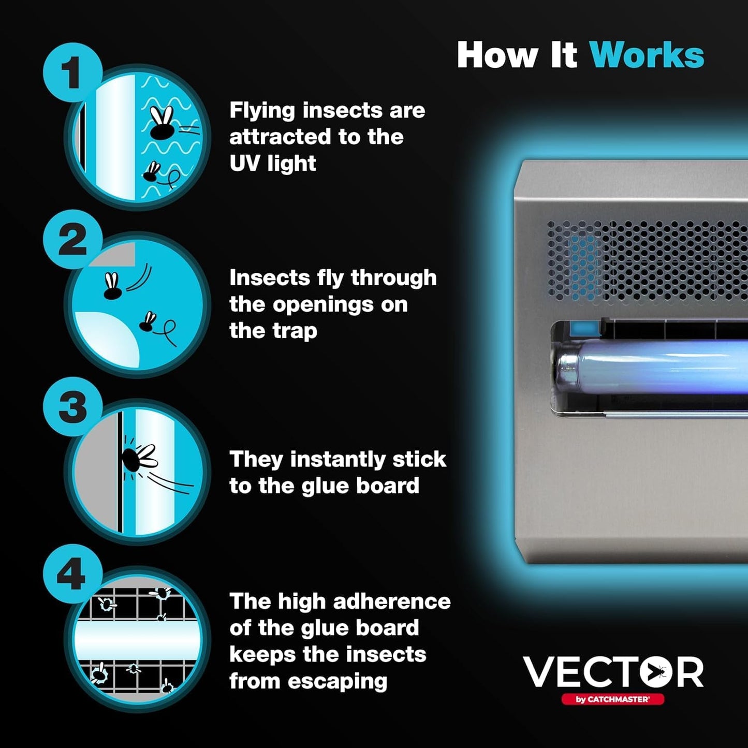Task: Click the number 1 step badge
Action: [72, 72]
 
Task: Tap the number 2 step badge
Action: [72, 239]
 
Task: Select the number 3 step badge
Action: [72, 407]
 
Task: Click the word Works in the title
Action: [647, 55]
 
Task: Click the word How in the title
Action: [497, 55]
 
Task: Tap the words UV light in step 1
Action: [272, 164]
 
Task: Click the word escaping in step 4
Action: [337, 681]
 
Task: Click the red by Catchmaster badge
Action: [612, 699]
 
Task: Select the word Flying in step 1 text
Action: [262, 111]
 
